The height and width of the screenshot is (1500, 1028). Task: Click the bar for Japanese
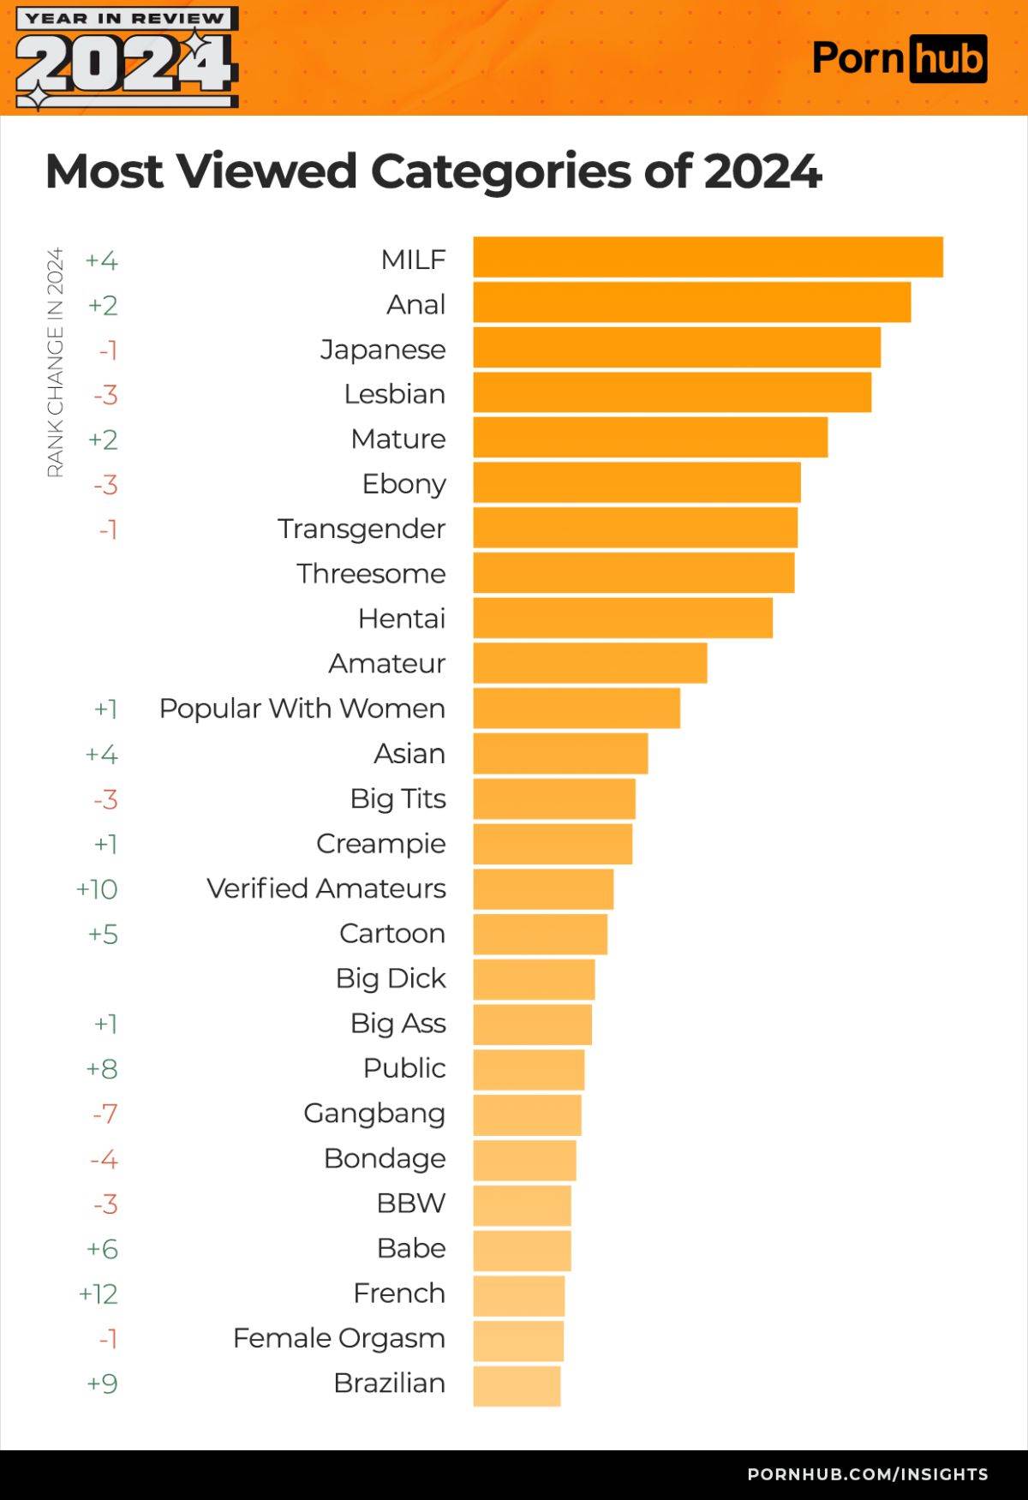(677, 348)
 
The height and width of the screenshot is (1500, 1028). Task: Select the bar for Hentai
(623, 618)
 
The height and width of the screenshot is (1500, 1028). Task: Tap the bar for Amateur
(590, 663)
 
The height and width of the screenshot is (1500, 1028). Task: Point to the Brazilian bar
(517, 1386)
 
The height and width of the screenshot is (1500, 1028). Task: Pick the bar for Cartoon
(541, 934)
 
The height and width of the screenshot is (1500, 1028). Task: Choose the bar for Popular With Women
(577, 708)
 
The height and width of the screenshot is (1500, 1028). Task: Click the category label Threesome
(371, 573)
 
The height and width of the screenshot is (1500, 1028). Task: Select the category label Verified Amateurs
(326, 888)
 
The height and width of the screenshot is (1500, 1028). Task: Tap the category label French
(399, 1293)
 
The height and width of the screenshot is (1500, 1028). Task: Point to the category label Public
(404, 1068)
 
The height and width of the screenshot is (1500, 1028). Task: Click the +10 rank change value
(97, 889)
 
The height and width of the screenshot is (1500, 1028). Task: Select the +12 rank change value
(98, 1294)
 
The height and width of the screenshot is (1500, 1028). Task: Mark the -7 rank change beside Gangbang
(105, 1114)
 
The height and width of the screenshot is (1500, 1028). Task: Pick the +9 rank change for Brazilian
(102, 1383)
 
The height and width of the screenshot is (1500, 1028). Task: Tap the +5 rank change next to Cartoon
(103, 934)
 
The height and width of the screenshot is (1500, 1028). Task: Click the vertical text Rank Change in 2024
(55, 362)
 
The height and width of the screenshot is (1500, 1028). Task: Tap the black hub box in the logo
(947, 59)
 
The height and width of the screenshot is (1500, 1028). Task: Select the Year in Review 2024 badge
(126, 58)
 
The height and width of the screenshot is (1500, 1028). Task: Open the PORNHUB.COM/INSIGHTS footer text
(867, 1474)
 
